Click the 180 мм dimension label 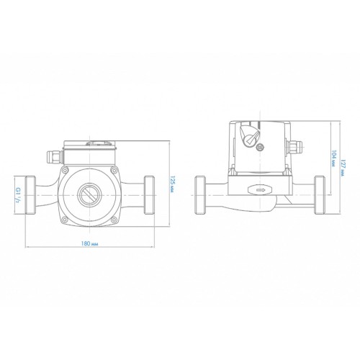89,243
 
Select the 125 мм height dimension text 172,184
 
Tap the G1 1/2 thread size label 18,194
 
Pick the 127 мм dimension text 343,168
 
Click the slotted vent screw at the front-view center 89,195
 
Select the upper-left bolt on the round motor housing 64,171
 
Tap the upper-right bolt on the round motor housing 114,171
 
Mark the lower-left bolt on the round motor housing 64,219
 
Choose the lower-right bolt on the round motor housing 114,219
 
